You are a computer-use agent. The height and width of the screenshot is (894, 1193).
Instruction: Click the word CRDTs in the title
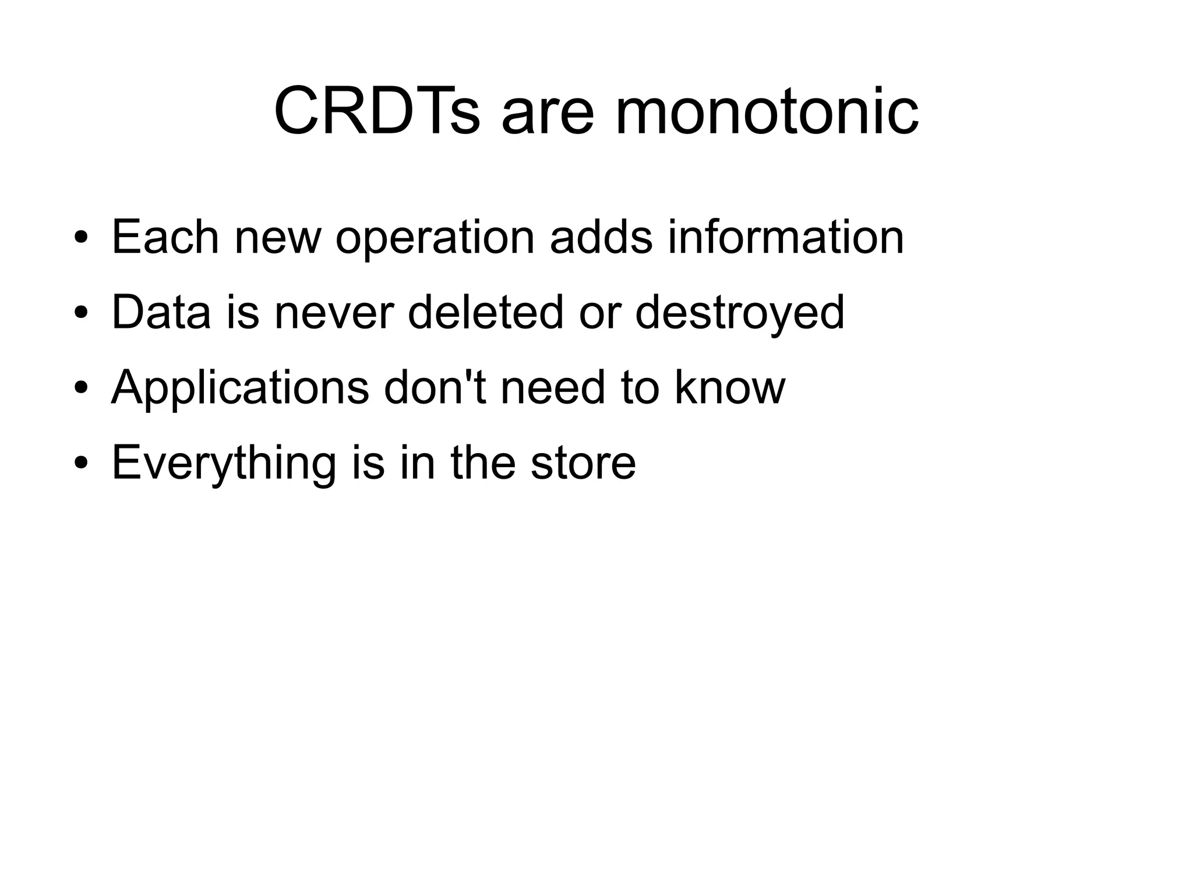coord(377,111)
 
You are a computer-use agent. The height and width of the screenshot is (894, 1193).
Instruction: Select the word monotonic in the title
coord(767,111)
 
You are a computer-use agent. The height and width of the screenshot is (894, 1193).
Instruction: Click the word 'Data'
coord(161,312)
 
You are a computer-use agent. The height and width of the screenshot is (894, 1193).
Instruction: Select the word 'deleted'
coord(485,312)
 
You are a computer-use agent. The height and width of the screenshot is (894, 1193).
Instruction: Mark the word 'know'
coord(730,387)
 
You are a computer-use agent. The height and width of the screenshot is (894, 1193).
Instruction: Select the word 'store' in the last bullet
coord(583,463)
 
